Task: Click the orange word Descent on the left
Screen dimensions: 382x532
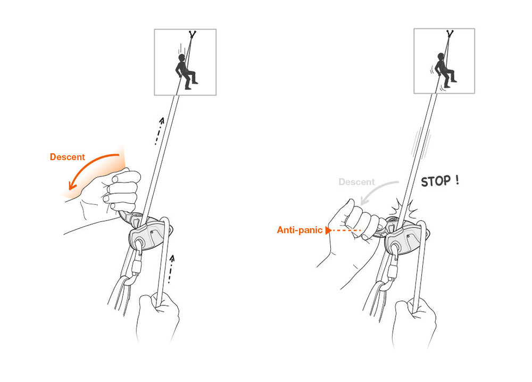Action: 67,157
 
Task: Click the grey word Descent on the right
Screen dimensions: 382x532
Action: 356,182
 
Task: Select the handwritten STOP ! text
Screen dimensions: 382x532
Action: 439,181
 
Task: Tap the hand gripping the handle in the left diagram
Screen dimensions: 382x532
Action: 120,192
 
